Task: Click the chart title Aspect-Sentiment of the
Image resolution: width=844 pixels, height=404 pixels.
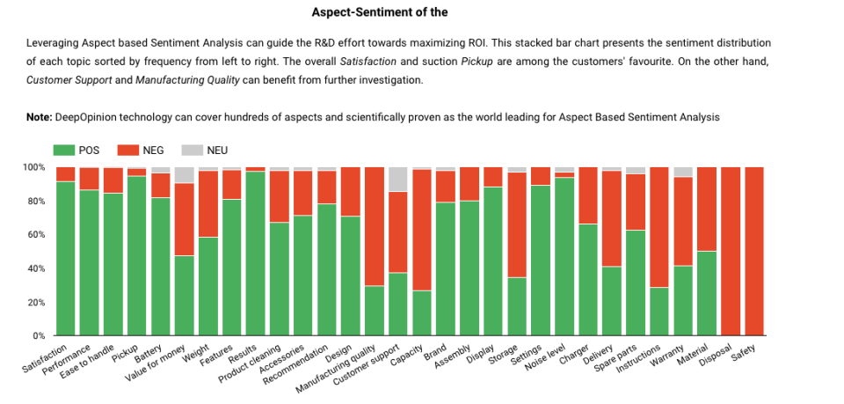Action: point(379,12)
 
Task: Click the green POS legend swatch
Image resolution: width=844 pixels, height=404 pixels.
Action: point(65,151)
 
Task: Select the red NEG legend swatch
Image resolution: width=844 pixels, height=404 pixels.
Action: point(128,151)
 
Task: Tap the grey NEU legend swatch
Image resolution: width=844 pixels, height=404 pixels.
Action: point(193,151)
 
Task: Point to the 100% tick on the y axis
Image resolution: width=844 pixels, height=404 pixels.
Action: point(33,167)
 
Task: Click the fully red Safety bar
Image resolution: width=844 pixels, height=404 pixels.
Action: point(754,252)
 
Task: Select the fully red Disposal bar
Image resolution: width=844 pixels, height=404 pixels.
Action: point(731,252)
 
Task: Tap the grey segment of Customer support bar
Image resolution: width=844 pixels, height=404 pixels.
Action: point(398,179)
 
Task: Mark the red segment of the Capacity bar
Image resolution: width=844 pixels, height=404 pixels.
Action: point(422,230)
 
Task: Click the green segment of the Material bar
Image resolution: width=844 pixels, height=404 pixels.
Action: point(707,294)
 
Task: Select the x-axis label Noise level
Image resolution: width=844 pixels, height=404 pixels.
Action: point(546,357)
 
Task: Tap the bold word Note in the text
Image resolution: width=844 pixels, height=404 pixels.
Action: point(39,117)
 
